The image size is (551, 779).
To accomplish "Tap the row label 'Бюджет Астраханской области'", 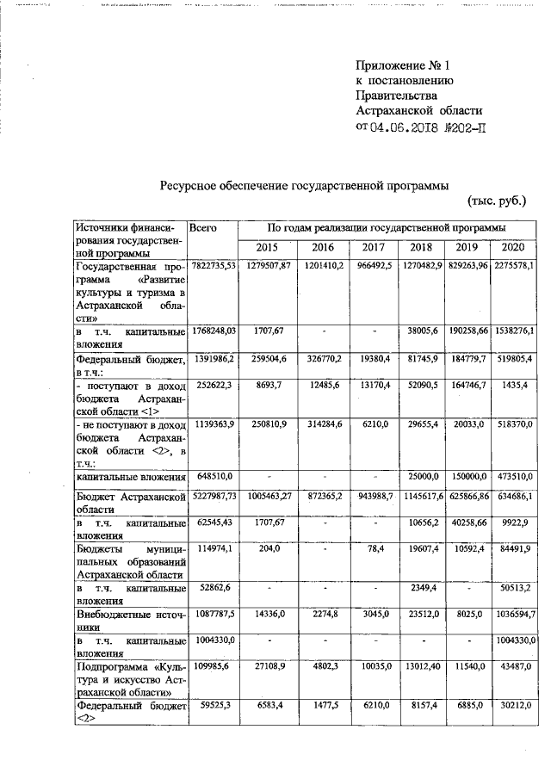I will pyautogui.click(x=129, y=504).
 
